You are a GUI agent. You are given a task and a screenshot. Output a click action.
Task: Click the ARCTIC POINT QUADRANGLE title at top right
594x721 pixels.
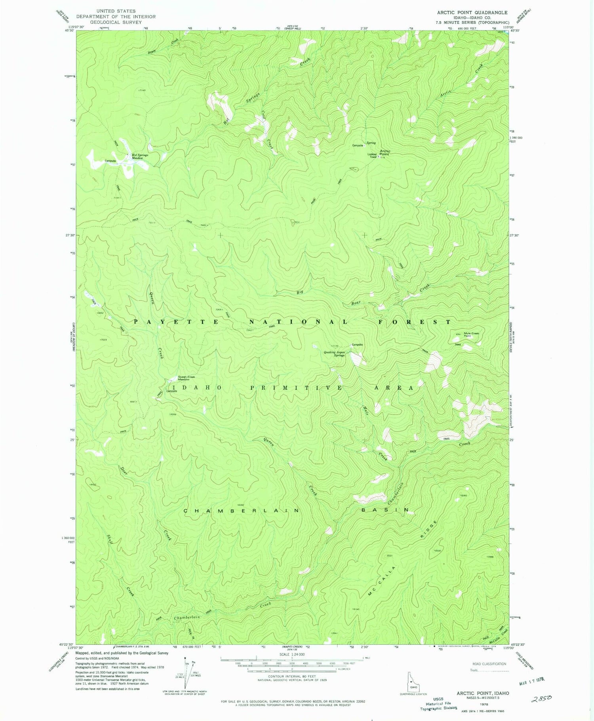tap(471, 13)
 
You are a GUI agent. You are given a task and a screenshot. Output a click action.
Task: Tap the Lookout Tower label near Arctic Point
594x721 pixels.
tap(372, 156)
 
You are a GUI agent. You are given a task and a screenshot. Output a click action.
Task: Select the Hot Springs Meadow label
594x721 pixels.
tap(140, 157)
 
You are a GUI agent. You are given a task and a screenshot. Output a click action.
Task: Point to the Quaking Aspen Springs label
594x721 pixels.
tap(334, 354)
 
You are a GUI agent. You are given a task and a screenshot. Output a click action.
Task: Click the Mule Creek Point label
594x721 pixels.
tap(471, 335)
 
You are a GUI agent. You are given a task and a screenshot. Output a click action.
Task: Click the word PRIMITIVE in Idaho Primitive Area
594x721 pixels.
tap(297, 388)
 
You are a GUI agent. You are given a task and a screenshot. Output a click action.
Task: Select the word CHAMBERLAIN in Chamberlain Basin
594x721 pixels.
tap(242, 511)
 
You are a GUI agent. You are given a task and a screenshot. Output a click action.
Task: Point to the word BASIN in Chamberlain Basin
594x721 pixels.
tap(385, 510)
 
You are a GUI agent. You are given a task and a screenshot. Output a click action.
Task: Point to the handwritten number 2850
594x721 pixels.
tap(541, 698)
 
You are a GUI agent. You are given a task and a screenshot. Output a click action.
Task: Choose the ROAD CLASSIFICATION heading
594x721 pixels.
tap(489, 664)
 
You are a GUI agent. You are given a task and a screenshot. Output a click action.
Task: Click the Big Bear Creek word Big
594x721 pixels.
tap(300, 292)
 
